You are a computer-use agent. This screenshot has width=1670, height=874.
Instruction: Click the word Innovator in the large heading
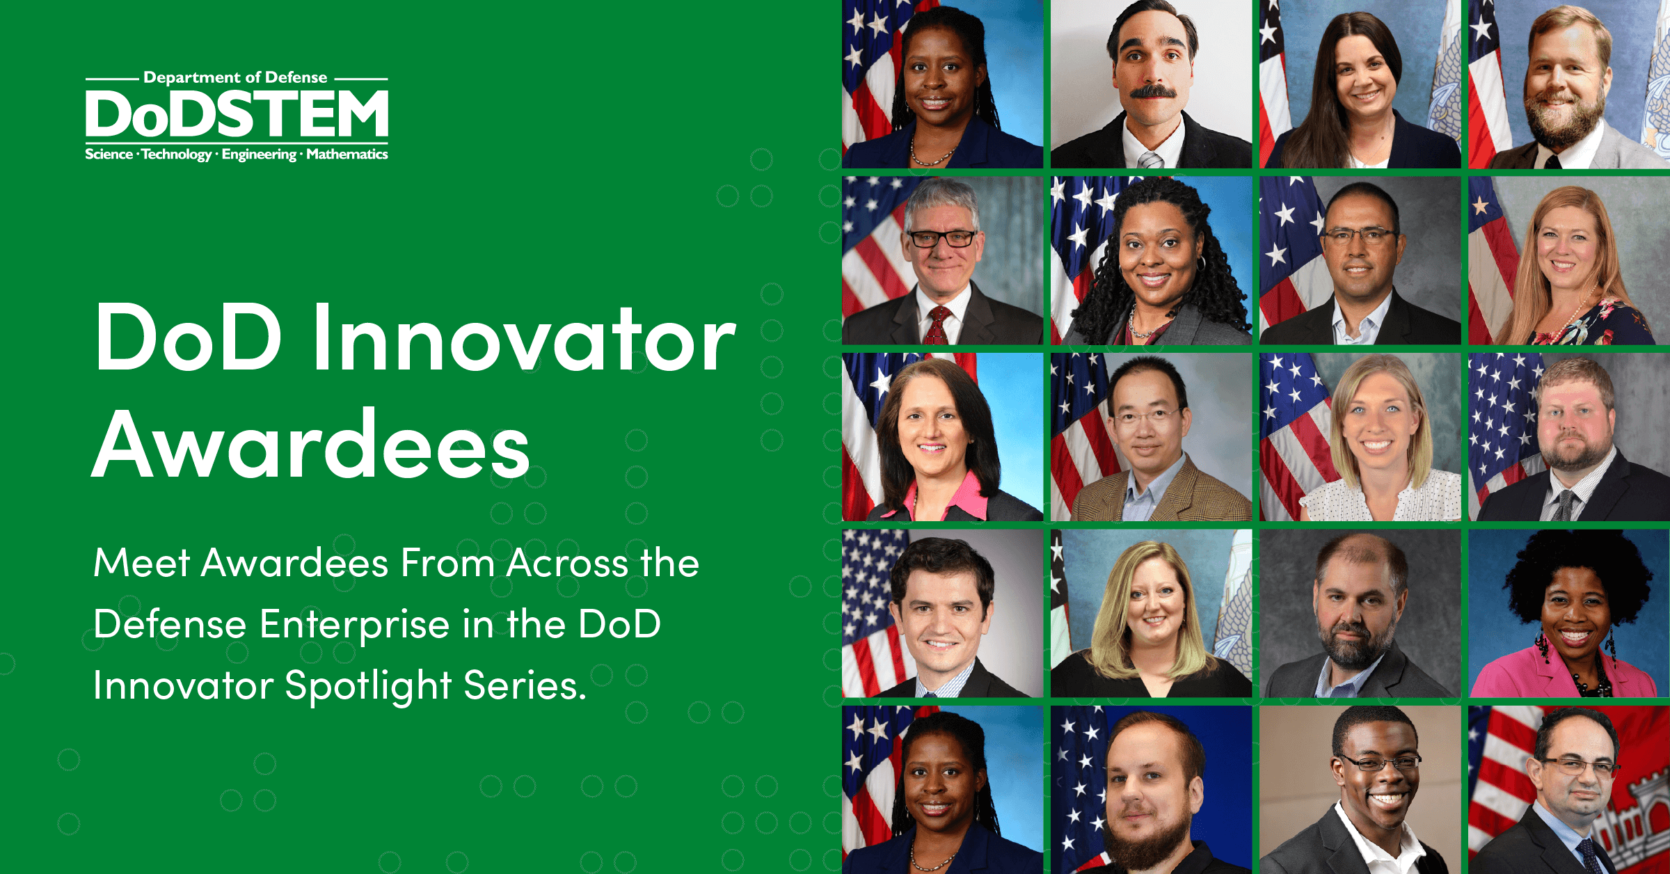(x=523, y=340)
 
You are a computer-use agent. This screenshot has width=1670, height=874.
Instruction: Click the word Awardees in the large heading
(x=311, y=445)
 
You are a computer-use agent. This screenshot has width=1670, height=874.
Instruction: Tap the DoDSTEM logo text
(x=237, y=115)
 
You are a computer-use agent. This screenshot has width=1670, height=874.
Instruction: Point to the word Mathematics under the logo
(x=347, y=154)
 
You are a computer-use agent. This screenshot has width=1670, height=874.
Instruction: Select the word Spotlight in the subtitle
(x=368, y=686)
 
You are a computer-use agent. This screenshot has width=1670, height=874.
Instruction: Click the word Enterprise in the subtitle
(x=355, y=624)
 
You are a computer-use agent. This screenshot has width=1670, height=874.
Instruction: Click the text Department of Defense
(x=235, y=77)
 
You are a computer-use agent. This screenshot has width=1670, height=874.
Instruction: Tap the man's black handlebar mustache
(x=1152, y=91)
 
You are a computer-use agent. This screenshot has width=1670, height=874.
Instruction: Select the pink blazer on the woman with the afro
(x=1503, y=678)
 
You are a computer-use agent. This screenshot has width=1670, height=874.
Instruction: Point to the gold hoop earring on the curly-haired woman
(x=1200, y=263)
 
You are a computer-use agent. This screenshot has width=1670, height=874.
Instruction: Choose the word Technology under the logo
(x=176, y=154)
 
